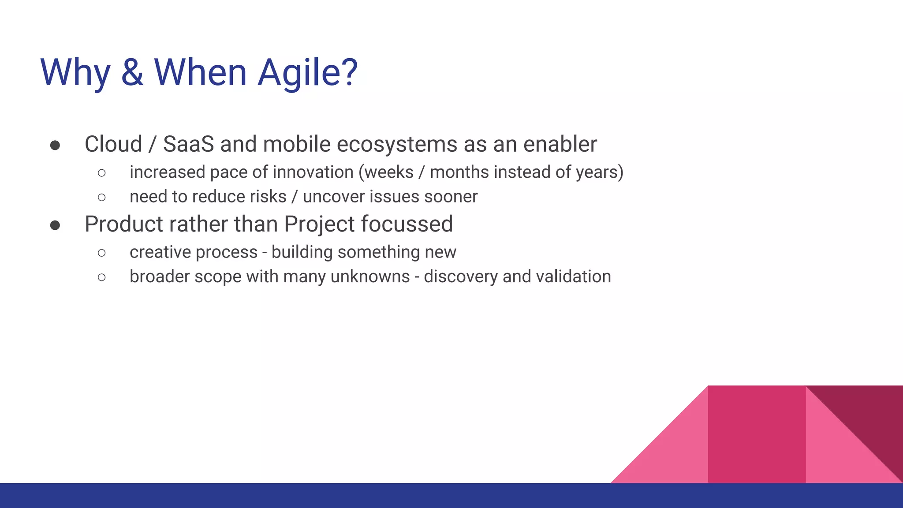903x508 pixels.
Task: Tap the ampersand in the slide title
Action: coord(132,72)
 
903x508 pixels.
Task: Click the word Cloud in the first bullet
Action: coord(113,144)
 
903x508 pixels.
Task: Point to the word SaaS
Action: coord(189,144)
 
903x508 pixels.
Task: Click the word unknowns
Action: coord(370,276)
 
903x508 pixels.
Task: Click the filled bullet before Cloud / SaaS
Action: coord(55,146)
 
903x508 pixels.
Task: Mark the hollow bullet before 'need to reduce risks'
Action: coord(102,197)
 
